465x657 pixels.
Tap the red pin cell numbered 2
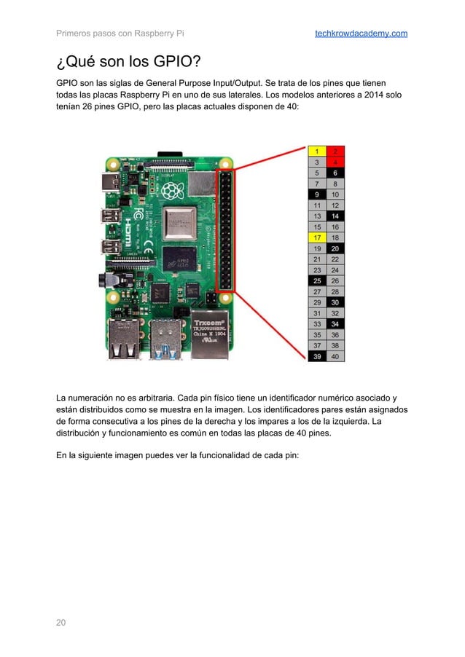tap(335, 152)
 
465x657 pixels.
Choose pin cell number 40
tap(335, 356)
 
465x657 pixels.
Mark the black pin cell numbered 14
tap(335, 216)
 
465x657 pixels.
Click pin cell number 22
tap(335, 259)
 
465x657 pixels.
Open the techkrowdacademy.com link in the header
tap(361, 34)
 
